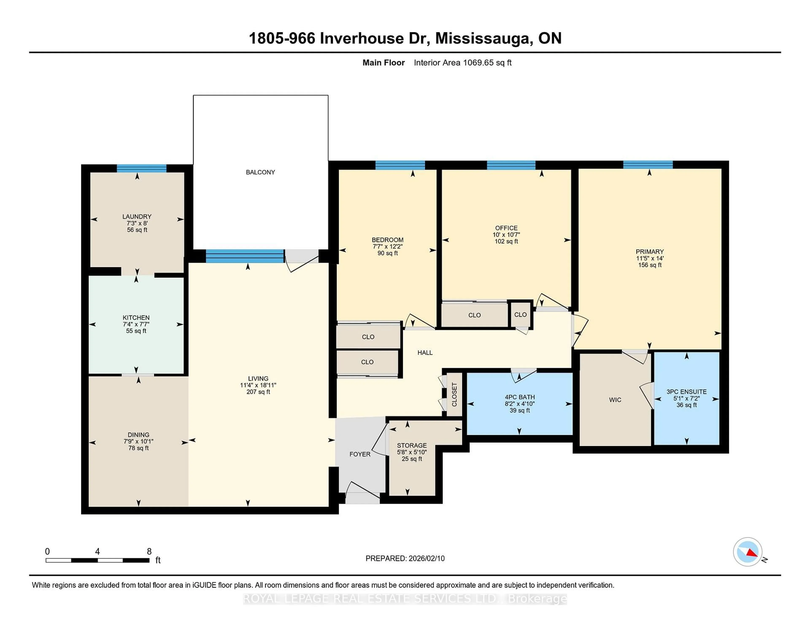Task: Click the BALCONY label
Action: pos(260,172)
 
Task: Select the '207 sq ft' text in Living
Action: pos(258,392)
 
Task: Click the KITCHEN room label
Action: pos(136,317)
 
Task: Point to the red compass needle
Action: pos(752,553)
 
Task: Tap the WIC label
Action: pos(615,400)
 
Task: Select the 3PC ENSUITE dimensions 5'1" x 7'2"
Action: pos(687,398)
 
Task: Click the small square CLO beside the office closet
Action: pos(520,314)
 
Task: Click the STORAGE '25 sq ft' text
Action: pos(412,459)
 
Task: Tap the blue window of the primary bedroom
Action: pos(648,165)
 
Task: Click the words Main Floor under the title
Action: pos(383,63)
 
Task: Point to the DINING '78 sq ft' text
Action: pos(138,448)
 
